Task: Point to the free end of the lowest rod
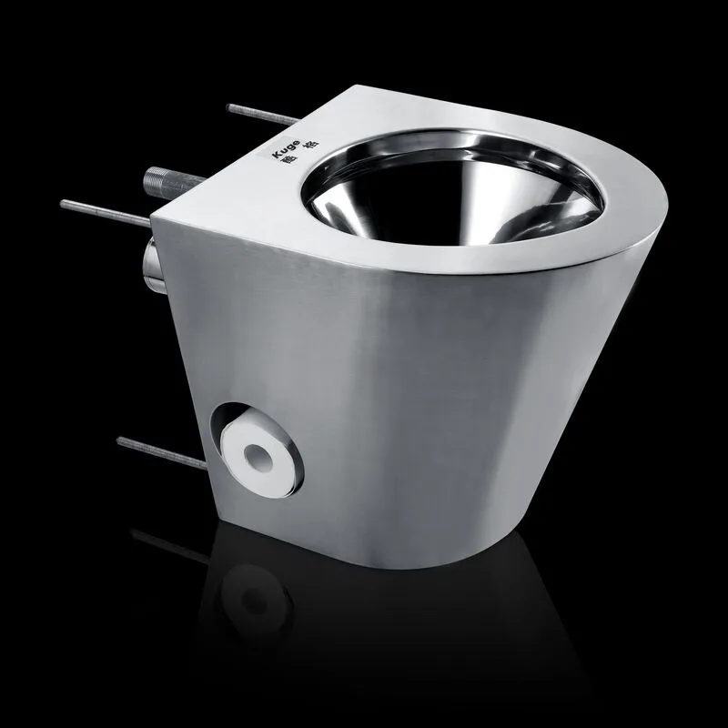pos(119,441)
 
